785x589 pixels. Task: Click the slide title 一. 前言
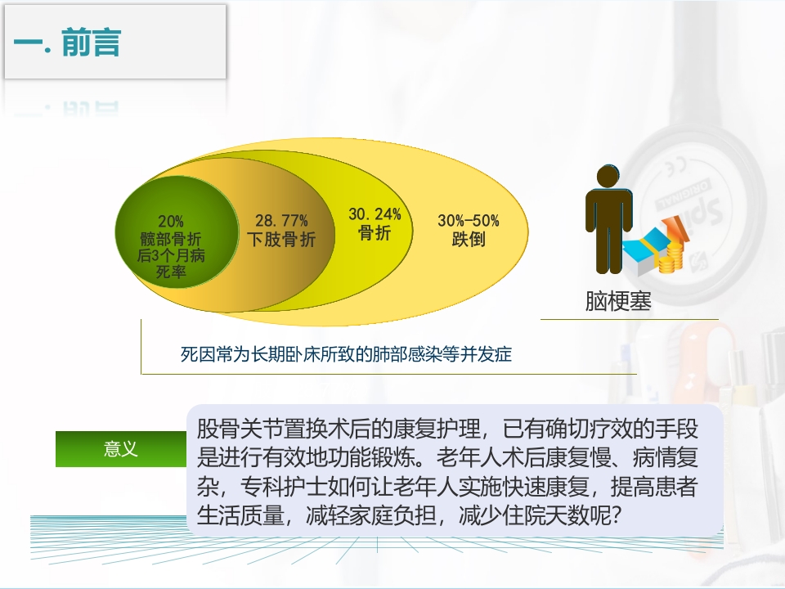click(x=67, y=44)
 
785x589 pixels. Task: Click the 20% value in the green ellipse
click(x=171, y=222)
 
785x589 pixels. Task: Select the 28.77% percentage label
click(x=281, y=221)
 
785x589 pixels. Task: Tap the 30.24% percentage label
click(x=375, y=214)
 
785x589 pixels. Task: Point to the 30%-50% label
click(x=468, y=221)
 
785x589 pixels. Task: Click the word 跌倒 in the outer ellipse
click(x=468, y=240)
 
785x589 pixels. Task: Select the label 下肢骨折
click(x=281, y=240)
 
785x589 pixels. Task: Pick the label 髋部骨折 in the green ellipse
click(x=171, y=239)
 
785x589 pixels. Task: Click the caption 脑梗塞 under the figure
click(x=618, y=300)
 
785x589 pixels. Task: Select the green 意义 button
click(x=121, y=448)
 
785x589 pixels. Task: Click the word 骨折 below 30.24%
click(x=375, y=233)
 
